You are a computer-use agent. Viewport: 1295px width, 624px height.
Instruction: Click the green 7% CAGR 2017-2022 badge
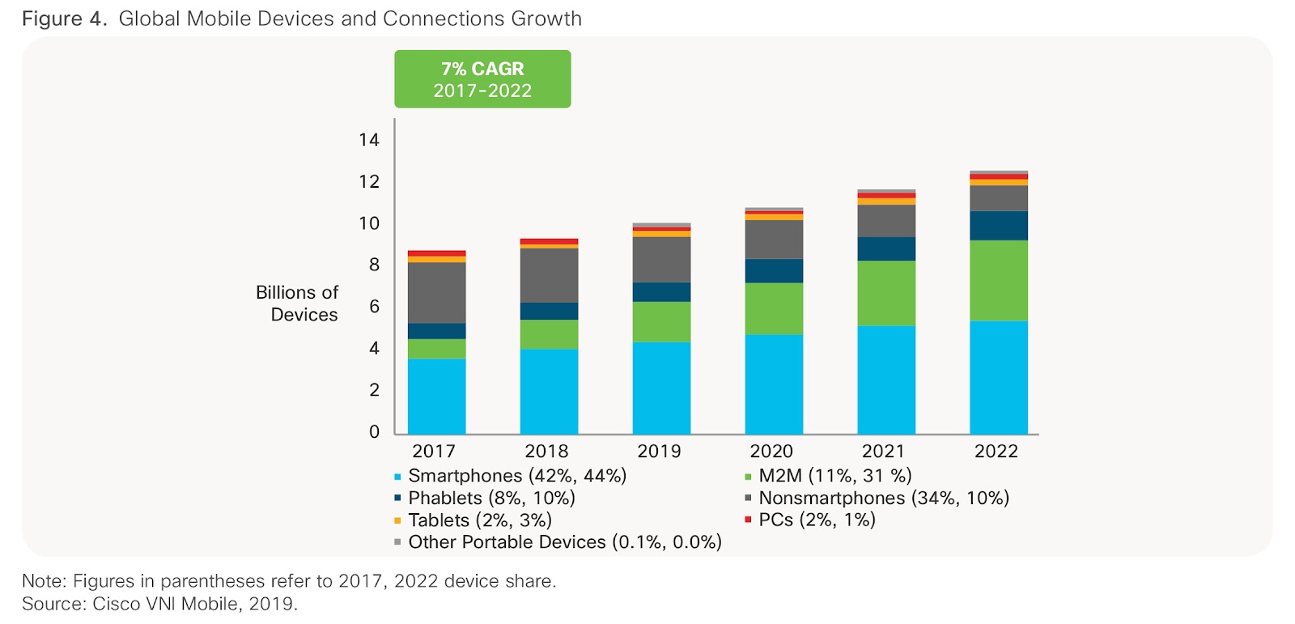pos(482,79)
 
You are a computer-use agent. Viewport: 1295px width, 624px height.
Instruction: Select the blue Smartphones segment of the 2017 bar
pos(436,396)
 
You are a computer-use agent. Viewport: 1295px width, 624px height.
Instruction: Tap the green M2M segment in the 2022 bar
pos(999,280)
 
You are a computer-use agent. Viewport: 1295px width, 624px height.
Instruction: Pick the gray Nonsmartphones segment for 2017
pos(436,292)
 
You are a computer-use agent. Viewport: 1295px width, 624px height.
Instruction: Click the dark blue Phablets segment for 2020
pos(774,270)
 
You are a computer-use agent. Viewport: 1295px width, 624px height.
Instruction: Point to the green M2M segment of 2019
pos(661,321)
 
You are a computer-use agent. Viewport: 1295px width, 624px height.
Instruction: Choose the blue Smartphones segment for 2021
pos(886,380)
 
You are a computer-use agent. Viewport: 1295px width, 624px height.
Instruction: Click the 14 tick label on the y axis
pos(369,140)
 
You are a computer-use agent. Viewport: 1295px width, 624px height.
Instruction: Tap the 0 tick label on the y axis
pos(374,431)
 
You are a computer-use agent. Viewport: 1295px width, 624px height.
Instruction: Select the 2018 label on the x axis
pos(546,452)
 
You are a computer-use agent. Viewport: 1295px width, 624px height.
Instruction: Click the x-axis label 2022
pos(996,452)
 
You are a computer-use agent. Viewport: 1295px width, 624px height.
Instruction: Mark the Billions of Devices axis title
pos(297,304)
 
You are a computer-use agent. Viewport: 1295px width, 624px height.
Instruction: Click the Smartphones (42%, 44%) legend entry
pos(516,476)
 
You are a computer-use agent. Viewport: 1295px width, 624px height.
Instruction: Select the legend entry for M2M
pos(834,476)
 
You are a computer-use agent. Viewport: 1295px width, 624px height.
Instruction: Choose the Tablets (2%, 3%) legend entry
pos(479,520)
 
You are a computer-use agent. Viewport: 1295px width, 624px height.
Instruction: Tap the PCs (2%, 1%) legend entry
pos(817,520)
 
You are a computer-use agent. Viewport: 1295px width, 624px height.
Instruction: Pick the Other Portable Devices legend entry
pos(564,542)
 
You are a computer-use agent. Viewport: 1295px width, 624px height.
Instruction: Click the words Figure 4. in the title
pos(64,19)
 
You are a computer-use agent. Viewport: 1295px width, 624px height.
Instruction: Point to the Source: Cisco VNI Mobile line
pos(159,604)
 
